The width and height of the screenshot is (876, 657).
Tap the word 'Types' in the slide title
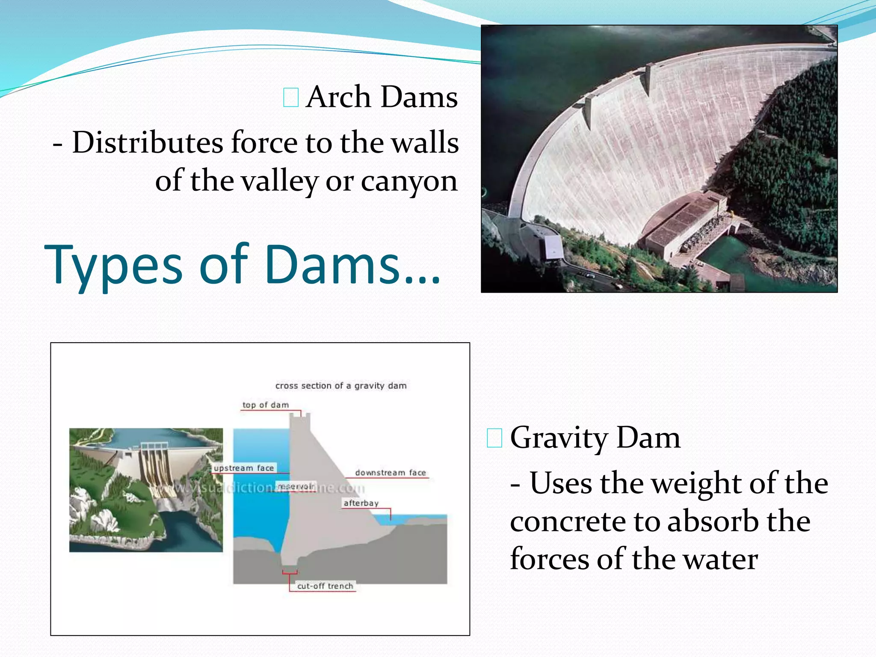tap(114, 265)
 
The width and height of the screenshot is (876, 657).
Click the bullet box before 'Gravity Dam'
tap(494, 438)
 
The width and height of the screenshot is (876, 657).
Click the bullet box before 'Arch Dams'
tap(291, 97)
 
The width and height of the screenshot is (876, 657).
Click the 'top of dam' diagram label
tap(266, 405)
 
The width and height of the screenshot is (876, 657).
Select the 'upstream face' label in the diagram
tap(244, 468)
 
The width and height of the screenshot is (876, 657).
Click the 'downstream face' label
tap(391, 473)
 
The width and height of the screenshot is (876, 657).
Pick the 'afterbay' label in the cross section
tap(361, 503)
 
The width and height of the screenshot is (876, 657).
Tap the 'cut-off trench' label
tap(325, 586)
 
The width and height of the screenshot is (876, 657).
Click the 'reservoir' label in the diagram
tap(296, 486)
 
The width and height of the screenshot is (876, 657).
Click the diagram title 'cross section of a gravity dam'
tap(341, 386)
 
